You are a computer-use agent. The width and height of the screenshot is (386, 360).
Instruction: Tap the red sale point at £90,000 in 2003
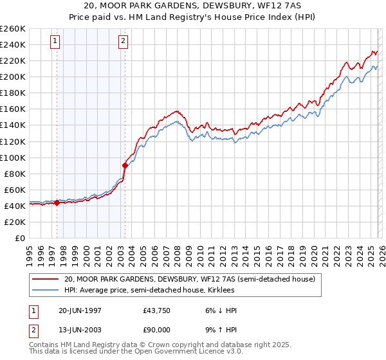point(125,165)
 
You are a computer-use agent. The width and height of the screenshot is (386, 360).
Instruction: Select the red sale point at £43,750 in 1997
point(57,203)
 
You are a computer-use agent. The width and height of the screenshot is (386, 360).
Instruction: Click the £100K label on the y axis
point(13,157)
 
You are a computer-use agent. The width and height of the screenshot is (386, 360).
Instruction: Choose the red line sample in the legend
point(44,280)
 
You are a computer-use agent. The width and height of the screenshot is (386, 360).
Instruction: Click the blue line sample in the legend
point(44,291)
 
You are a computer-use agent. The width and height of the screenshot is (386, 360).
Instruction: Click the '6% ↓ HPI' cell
point(219,310)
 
